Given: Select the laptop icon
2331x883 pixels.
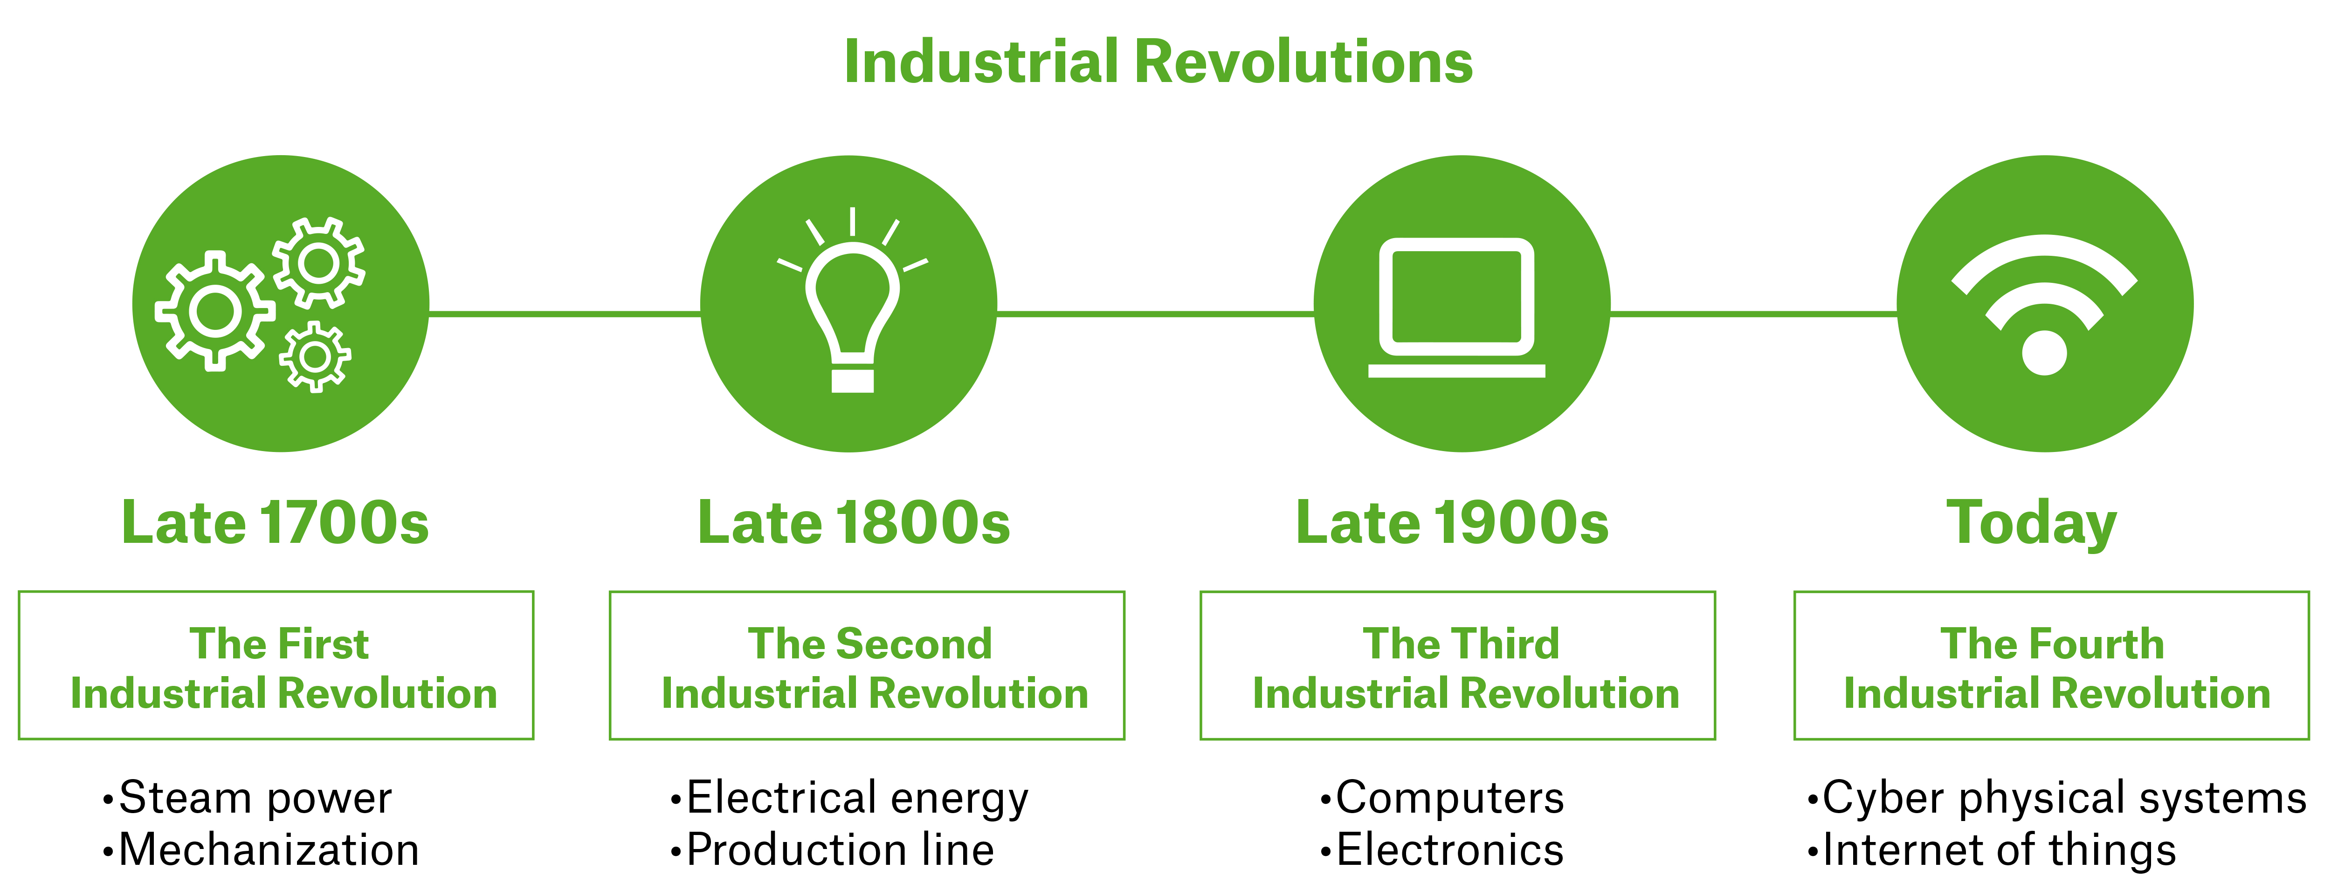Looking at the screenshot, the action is (1457, 308).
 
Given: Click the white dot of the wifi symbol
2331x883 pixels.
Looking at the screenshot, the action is (2044, 353).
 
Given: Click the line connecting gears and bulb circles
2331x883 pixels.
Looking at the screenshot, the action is (565, 314).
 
